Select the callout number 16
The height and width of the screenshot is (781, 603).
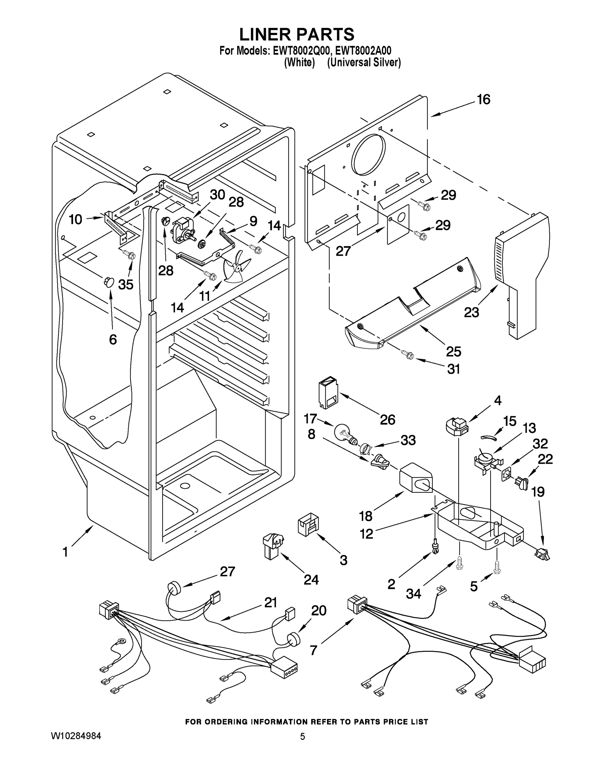tap(483, 100)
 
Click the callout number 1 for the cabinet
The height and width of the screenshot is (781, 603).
tap(65, 552)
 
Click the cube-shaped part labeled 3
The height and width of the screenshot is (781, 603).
tap(308, 524)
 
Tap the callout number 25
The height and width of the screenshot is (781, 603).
tap(454, 351)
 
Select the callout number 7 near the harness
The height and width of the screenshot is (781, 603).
tap(313, 650)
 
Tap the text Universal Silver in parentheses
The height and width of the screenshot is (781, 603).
tap(364, 62)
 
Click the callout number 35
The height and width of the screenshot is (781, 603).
tap(126, 284)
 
